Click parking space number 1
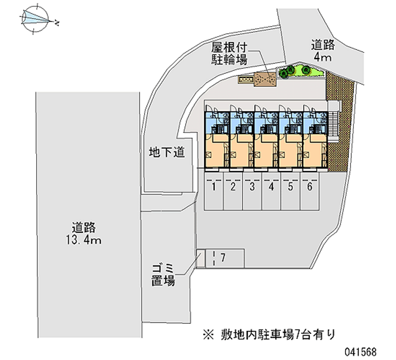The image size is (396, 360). tap(214, 187)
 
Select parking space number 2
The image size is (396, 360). tap(233, 187)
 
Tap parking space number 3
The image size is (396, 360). tap(252, 187)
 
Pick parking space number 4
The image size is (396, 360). tap(271, 187)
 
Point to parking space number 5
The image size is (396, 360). tap(291, 187)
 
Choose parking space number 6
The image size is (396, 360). tap(309, 187)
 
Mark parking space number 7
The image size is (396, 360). tap(223, 257)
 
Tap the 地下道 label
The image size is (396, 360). tap(167, 153)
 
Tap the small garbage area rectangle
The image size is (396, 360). tap(200, 258)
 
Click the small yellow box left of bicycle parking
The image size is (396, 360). tap(245, 79)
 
